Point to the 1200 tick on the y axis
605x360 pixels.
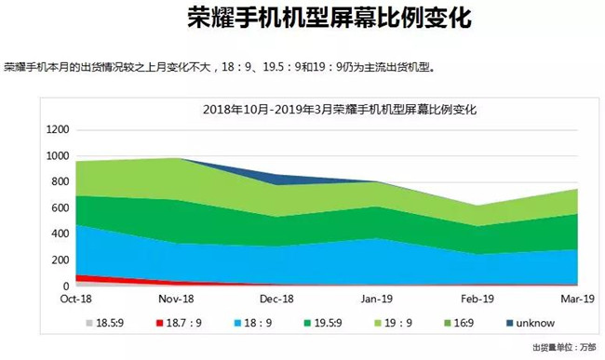coord(57,129)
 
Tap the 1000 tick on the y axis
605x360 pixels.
coord(57,155)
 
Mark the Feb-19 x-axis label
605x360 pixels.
coord(478,299)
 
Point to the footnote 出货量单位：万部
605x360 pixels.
coord(566,348)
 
